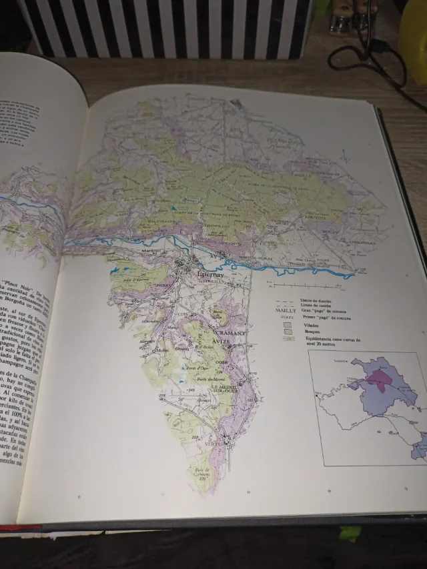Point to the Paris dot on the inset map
click(316, 398)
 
